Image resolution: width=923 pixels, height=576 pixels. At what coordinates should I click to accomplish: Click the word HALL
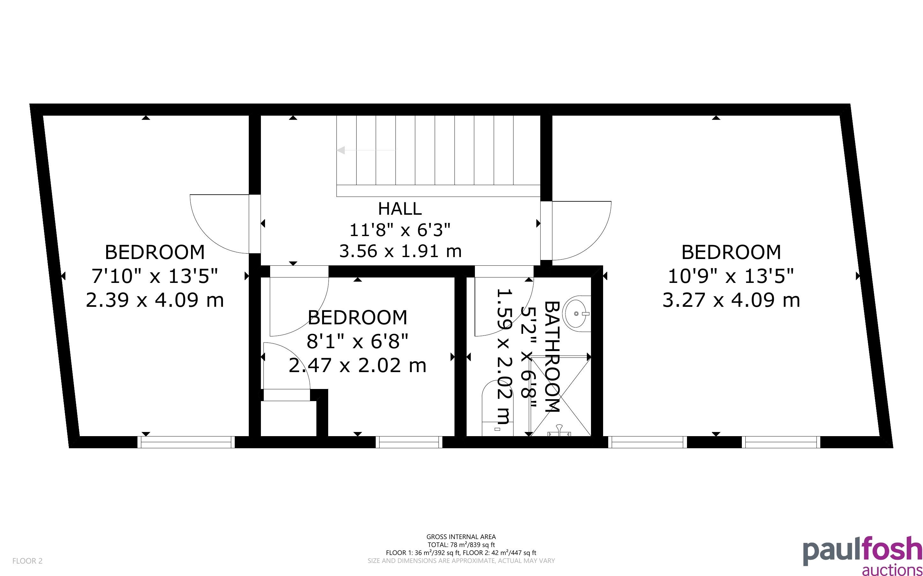[x=400, y=209]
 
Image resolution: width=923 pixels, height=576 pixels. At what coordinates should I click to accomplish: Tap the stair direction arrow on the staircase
[x=366, y=150]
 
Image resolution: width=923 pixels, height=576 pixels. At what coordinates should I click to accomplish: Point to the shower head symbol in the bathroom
[x=559, y=430]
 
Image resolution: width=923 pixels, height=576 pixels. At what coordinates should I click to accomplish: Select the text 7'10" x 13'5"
[x=155, y=276]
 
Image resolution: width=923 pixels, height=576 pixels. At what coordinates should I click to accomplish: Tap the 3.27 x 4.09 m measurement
[x=731, y=300]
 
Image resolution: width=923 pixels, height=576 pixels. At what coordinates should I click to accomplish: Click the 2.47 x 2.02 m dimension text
[x=357, y=366]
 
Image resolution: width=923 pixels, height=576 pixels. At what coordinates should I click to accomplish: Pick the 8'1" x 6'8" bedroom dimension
[x=358, y=341]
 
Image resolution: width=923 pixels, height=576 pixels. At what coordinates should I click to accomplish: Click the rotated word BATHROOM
[x=552, y=357]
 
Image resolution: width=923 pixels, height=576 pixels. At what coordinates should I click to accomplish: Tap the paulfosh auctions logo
[x=863, y=556]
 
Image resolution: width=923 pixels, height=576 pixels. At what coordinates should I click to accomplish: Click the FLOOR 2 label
[x=27, y=561]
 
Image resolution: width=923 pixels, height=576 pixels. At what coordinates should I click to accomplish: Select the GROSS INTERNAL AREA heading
[x=461, y=537]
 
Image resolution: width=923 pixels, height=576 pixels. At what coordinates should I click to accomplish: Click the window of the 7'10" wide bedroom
[x=186, y=442]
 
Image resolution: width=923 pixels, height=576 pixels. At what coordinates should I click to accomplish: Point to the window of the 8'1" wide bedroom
[x=409, y=442]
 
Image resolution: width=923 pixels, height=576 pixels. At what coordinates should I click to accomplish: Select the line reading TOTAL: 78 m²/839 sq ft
[x=461, y=545]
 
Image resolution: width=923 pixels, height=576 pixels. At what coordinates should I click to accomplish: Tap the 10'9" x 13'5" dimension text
[x=731, y=276]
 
